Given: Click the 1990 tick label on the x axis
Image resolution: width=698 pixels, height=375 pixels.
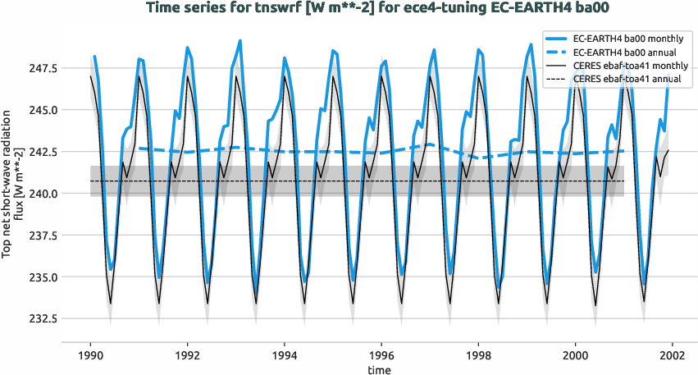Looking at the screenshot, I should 90,354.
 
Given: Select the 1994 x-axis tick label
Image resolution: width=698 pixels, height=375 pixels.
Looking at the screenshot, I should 285,354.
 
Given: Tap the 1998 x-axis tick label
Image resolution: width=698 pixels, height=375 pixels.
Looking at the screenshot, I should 478,354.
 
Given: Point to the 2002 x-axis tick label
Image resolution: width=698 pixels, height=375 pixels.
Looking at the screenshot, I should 673,354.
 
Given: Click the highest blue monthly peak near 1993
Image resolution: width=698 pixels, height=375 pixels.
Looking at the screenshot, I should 240,40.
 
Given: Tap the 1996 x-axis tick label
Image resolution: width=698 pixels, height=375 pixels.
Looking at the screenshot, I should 381,354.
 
